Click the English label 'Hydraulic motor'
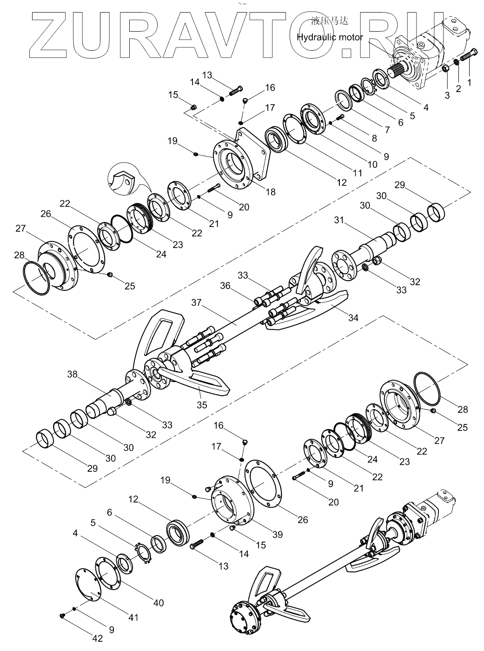click(x=330, y=37)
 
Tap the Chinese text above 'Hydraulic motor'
click(x=330, y=21)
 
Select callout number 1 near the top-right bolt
click(x=469, y=82)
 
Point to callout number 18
click(x=271, y=192)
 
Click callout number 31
click(x=339, y=220)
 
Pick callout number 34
click(x=353, y=317)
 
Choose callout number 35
click(x=202, y=405)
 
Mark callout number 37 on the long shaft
click(x=196, y=302)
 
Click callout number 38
click(x=73, y=374)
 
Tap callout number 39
click(x=278, y=535)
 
